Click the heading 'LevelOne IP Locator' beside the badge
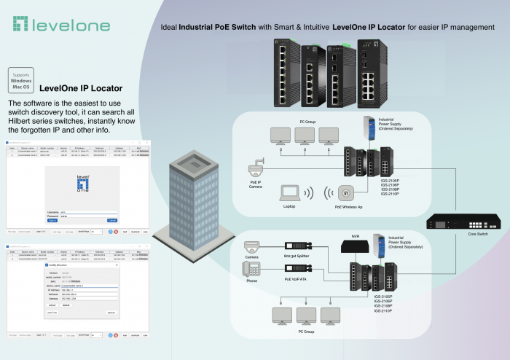pos(81,87)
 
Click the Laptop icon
pos(290,192)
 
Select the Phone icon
pos(251,270)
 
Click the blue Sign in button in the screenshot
pos(52,219)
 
